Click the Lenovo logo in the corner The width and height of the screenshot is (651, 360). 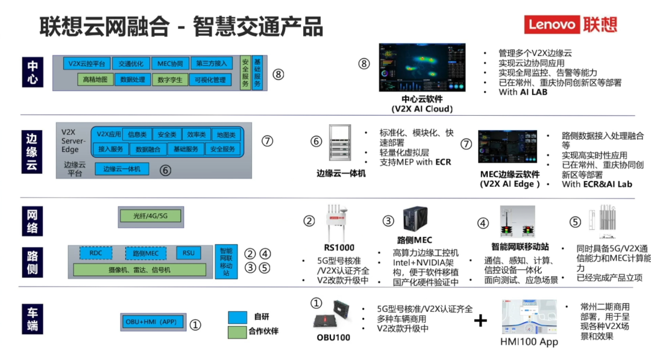click(570, 24)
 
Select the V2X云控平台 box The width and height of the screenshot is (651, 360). click(87, 63)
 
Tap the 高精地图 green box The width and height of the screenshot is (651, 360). click(96, 80)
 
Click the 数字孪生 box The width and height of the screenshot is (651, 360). click(169, 80)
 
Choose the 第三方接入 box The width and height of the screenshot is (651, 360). click(211, 63)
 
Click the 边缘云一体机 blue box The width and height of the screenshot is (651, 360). click(122, 169)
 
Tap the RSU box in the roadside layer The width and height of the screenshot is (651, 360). click(189, 253)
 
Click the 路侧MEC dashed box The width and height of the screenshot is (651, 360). click(145, 253)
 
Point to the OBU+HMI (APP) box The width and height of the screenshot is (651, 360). click(151, 322)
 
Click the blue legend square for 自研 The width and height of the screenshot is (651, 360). click(237, 317)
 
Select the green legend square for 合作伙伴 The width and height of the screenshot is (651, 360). click(237, 332)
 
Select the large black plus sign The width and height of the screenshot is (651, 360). click(480, 320)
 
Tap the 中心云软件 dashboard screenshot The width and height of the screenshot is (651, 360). click(421, 68)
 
